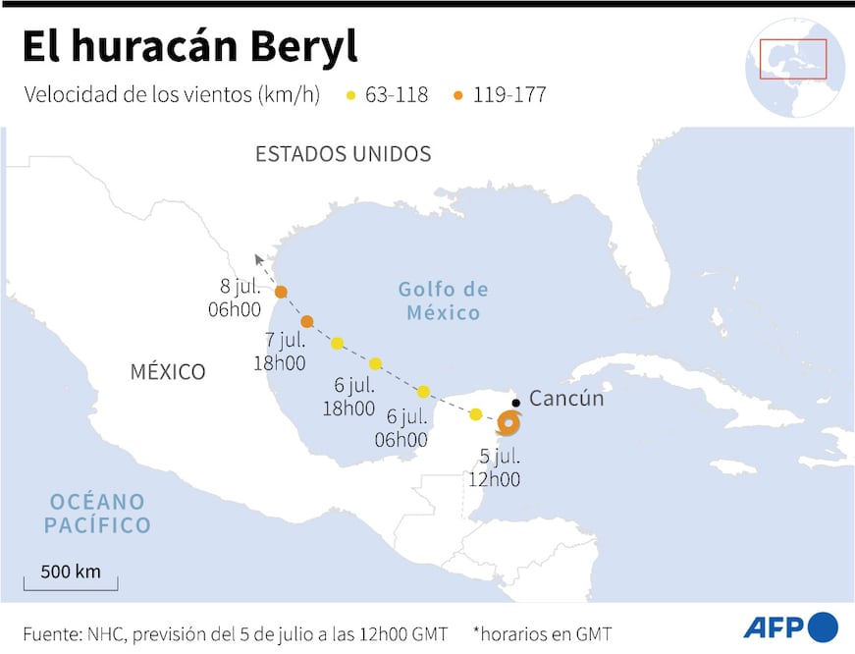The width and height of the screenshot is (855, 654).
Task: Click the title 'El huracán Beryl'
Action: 189,46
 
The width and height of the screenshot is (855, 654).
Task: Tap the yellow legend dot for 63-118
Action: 351,96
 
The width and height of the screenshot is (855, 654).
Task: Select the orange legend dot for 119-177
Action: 458,96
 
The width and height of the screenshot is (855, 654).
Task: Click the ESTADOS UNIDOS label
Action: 343,154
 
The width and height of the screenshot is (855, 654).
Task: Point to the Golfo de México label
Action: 443,301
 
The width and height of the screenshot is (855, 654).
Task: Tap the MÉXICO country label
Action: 168,372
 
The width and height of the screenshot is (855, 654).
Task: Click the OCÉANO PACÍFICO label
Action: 97,514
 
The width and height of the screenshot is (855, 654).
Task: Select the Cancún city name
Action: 566,399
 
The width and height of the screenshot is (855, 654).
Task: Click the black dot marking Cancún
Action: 516,403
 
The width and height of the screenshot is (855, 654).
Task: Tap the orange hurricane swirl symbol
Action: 508,423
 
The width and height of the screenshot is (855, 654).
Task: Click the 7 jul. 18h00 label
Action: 280,352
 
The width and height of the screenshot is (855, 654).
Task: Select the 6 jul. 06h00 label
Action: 401,428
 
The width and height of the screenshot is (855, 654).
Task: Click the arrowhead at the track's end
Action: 259,259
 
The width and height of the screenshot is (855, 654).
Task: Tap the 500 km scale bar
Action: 71,580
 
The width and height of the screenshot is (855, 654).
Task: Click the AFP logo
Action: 790,627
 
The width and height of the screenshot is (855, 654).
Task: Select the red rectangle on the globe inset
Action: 793,59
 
